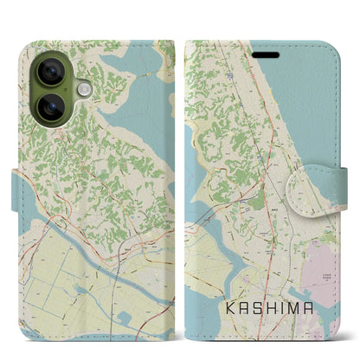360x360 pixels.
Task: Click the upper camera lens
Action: tap(47, 68)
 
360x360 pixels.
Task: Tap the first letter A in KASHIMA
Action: tap(244, 304)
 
